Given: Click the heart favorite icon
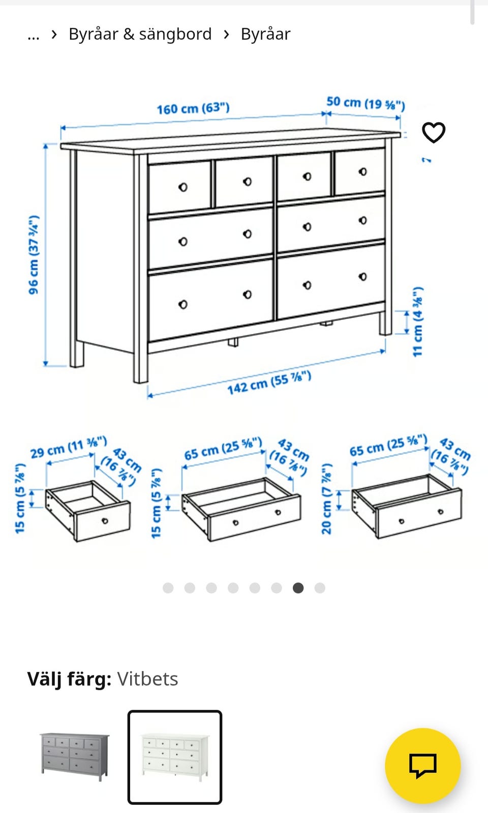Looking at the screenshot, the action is point(434,133).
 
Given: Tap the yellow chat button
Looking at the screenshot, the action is point(423,766).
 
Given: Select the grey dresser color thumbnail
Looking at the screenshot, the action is point(74,757).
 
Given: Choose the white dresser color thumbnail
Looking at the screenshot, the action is point(175,757).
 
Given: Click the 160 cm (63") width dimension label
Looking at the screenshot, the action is point(193,108).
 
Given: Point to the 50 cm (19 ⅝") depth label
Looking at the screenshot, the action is point(365,103).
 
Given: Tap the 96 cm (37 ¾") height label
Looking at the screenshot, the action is point(34,255).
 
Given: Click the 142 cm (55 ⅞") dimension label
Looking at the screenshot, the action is point(269,383).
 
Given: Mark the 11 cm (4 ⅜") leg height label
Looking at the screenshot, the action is point(418,322).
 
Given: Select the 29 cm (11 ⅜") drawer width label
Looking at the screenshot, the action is point(69,448).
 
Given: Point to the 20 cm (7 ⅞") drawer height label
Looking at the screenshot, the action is point(327,498).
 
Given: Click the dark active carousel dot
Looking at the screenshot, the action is point(298,587).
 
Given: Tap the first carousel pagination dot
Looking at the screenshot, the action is point(168,587).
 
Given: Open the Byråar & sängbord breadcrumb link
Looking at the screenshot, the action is point(140,34).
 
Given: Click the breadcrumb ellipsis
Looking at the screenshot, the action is point(34,36).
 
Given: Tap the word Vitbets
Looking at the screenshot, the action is point(147,679).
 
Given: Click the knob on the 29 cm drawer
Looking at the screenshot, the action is point(105,521).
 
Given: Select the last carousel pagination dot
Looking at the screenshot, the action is point(320,587).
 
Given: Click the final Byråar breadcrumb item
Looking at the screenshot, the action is point(265,34).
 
